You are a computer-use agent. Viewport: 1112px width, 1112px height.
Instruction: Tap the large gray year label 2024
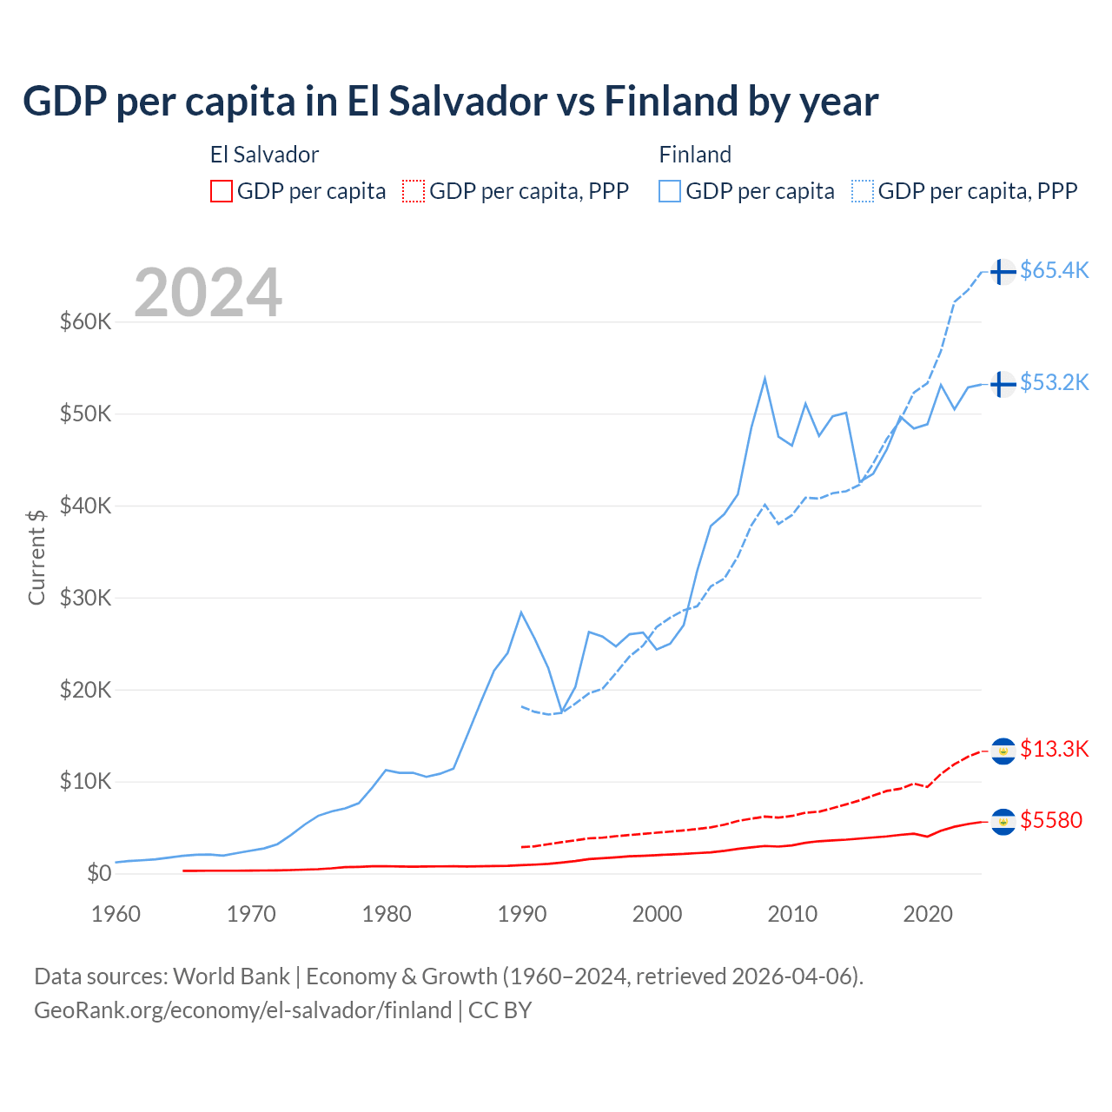(x=208, y=293)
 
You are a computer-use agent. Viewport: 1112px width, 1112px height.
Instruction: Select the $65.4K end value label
(x=1054, y=270)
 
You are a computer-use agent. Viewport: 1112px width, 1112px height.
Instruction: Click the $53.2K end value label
(x=1054, y=382)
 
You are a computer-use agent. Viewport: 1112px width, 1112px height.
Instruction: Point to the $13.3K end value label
(x=1054, y=749)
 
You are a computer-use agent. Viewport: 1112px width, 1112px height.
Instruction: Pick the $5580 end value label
(x=1051, y=820)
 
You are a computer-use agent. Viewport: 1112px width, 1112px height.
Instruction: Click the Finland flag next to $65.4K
(x=1003, y=271)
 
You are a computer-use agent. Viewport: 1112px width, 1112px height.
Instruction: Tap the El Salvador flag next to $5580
(x=1003, y=821)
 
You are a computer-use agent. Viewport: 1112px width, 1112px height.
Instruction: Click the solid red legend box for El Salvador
(x=222, y=191)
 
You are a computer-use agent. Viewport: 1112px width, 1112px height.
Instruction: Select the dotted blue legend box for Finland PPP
(x=863, y=191)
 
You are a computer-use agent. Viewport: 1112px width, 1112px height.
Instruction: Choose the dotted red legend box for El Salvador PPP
(x=414, y=191)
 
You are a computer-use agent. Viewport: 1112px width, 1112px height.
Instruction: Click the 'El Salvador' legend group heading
(x=264, y=155)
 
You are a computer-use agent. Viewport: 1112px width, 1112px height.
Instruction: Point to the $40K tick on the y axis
(x=85, y=506)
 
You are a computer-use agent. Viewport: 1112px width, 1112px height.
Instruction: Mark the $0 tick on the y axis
(x=99, y=873)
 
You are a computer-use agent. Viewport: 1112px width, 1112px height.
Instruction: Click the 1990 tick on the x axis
(x=522, y=914)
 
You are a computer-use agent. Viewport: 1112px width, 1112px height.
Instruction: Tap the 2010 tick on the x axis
(x=792, y=914)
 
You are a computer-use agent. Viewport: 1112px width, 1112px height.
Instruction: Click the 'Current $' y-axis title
(x=36, y=557)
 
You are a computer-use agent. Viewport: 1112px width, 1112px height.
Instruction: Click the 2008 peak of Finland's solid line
(x=764, y=378)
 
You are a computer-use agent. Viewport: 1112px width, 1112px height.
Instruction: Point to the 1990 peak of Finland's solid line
(x=521, y=612)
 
